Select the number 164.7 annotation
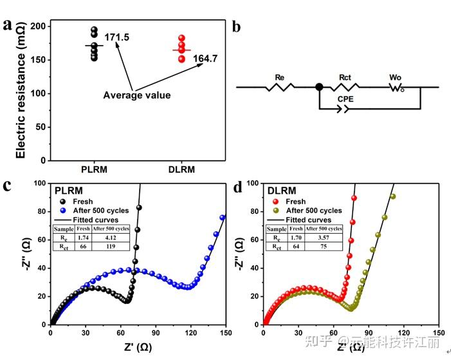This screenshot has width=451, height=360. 205,59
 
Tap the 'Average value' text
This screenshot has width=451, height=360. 137,95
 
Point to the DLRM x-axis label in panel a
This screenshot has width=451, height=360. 181,169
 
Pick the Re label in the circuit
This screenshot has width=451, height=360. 280,77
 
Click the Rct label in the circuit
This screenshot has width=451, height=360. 345,77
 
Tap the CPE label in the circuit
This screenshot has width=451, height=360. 345,100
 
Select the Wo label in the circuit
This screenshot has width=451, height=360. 396,77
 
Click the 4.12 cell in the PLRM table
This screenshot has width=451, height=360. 111,238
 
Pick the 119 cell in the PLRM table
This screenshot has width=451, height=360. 111,246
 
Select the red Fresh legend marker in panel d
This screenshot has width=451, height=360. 275,202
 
